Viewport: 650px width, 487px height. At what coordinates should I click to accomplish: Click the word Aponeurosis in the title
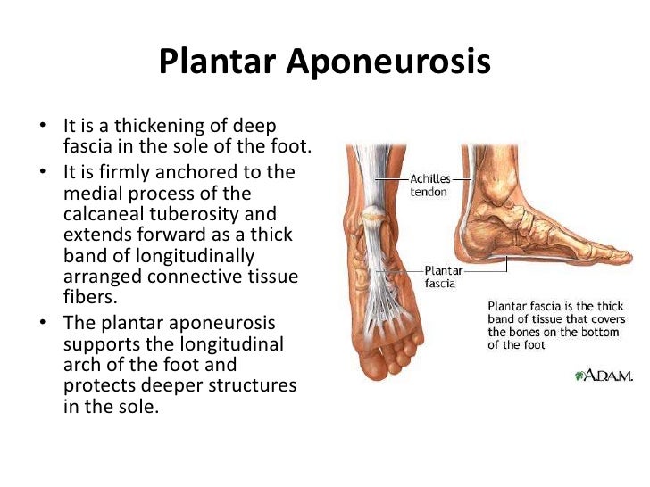pos(388,63)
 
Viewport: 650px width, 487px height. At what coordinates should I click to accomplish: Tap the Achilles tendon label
pos(429,185)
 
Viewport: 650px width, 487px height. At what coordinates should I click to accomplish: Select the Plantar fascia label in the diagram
pos(442,276)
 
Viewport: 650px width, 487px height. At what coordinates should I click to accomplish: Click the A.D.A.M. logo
pos(602,375)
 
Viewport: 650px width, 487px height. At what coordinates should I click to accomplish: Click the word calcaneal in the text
pos(103,215)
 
